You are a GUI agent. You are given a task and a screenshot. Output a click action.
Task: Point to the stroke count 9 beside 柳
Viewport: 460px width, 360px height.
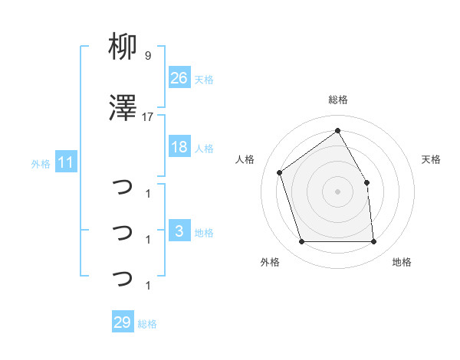[x=147, y=56]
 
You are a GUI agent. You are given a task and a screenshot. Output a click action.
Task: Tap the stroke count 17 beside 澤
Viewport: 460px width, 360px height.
[x=148, y=117]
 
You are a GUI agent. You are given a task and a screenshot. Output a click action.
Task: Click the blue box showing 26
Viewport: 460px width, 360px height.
[x=179, y=78]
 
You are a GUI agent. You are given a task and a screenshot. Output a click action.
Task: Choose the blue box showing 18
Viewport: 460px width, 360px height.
[x=179, y=147]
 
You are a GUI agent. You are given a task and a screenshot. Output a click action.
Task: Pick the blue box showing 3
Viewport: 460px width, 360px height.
[x=179, y=231]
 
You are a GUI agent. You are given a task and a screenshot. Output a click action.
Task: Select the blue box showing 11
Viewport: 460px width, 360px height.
[x=66, y=162]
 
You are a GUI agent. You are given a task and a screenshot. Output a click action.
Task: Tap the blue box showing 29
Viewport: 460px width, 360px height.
[x=123, y=322]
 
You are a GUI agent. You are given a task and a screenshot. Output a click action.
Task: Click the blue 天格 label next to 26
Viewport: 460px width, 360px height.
[x=204, y=79]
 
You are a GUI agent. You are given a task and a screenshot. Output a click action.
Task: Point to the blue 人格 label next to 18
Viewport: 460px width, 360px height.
[x=204, y=148]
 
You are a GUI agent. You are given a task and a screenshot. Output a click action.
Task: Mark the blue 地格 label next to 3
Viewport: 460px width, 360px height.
[x=204, y=232]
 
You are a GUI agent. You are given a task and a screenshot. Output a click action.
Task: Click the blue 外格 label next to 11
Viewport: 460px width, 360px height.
[x=41, y=163]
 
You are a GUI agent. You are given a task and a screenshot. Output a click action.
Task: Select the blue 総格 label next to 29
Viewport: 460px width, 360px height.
[x=147, y=323]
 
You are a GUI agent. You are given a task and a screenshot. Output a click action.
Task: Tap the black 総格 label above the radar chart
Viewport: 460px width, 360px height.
[x=337, y=100]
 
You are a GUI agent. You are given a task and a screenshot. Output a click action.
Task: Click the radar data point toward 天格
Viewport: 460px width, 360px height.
[x=366, y=182]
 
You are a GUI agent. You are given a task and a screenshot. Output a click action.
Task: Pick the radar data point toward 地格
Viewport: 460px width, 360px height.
[x=373, y=242]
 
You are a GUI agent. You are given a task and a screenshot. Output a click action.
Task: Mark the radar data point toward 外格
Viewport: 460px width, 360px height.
[x=301, y=242]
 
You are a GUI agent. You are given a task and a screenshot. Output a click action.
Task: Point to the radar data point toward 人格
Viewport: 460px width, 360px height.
[x=280, y=172]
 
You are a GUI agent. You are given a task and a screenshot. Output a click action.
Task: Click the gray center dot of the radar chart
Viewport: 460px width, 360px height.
[x=337, y=191]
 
